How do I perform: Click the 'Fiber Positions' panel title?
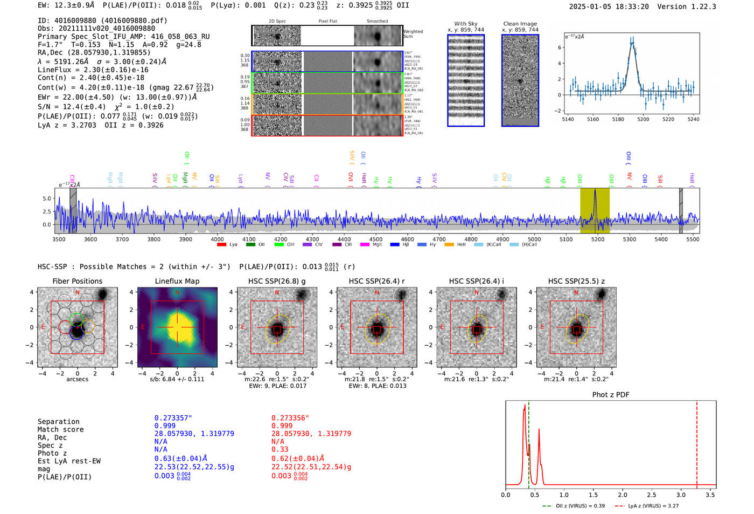pyautogui.click(x=77, y=281)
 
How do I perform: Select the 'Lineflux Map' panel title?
pyautogui.click(x=177, y=281)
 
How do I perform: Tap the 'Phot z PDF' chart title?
pyautogui.click(x=611, y=395)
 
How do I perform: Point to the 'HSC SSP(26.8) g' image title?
pyautogui.click(x=277, y=281)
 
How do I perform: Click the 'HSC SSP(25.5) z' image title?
pyautogui.click(x=576, y=281)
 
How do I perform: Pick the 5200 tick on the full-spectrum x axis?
pyautogui.click(x=598, y=239)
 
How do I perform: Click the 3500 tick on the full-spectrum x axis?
pyautogui.click(x=59, y=239)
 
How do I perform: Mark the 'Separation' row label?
pyautogui.click(x=58, y=422)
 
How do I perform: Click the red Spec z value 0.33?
pyautogui.click(x=280, y=449)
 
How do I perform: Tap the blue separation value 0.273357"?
pyautogui.click(x=173, y=418)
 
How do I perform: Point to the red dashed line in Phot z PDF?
pyautogui.click(x=697, y=442)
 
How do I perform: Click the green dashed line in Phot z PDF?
pyautogui.click(x=529, y=442)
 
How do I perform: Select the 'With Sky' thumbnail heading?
pyautogui.click(x=466, y=24)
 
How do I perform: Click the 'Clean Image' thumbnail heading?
pyautogui.click(x=520, y=24)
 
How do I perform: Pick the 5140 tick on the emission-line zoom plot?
pyautogui.click(x=568, y=119)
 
